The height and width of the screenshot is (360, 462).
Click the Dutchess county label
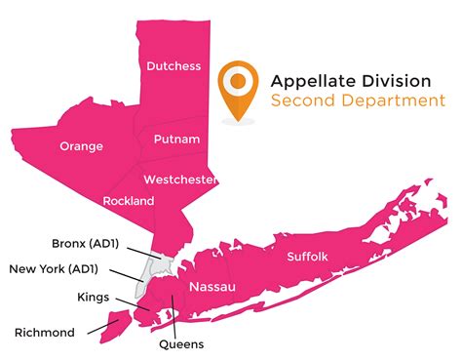click(x=173, y=66)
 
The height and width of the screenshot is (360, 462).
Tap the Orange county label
click(x=81, y=146)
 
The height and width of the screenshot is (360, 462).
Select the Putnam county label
click(x=178, y=140)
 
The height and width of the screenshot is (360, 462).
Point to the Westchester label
click(x=180, y=180)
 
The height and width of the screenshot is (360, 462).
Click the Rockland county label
click(x=129, y=201)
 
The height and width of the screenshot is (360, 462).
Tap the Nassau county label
click(x=212, y=287)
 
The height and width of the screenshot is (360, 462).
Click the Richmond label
click(x=45, y=333)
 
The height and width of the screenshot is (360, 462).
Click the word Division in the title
click(x=400, y=80)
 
